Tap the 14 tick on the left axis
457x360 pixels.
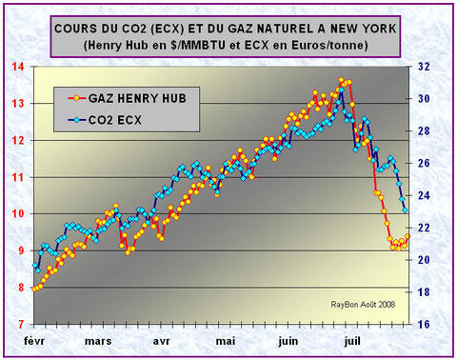click(19, 67)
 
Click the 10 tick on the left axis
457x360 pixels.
click(19, 214)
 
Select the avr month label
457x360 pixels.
click(161, 340)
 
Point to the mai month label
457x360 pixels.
click(225, 340)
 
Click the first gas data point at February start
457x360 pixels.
click(34, 289)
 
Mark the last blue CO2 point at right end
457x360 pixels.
click(406, 210)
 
